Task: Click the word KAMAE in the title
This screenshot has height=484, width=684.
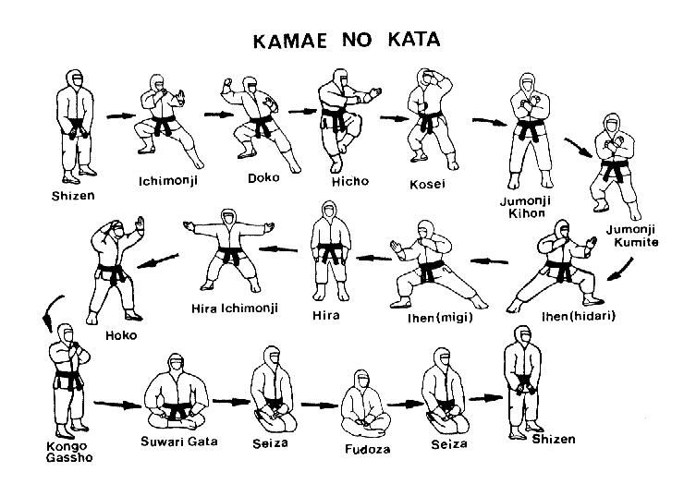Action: [290, 41]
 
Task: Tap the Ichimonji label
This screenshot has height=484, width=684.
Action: [168, 180]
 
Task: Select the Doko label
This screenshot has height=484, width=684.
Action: [263, 178]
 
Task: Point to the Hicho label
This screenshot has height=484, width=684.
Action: [349, 181]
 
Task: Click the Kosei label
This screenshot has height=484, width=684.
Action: [427, 184]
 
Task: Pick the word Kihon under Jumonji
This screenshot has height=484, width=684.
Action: [526, 213]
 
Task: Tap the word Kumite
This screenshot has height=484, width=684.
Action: [636, 242]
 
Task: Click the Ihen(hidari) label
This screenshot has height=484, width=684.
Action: [579, 316]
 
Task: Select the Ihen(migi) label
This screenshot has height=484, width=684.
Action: [440, 318]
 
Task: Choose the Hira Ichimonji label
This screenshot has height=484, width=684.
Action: [235, 309]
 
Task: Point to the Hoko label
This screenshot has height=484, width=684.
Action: [121, 335]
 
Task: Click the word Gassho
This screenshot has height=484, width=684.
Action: [69, 458]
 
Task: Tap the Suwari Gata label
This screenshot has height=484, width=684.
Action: [178, 442]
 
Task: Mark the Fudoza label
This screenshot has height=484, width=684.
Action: [367, 449]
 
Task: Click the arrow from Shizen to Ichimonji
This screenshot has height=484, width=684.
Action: [121, 116]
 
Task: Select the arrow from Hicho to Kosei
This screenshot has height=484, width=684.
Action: [395, 117]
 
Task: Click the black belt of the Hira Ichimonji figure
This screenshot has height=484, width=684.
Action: [230, 255]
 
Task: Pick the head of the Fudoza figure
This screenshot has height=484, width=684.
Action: [361, 381]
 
